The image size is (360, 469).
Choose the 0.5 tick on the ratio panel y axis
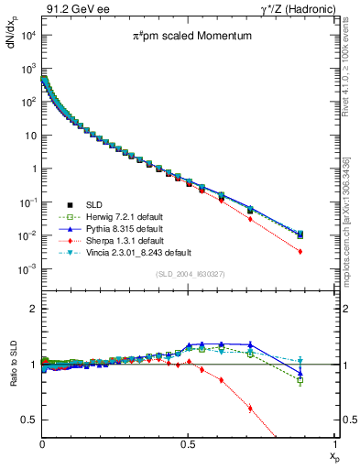tap(30, 420)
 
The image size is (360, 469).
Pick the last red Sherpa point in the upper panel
tap(325, 252)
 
